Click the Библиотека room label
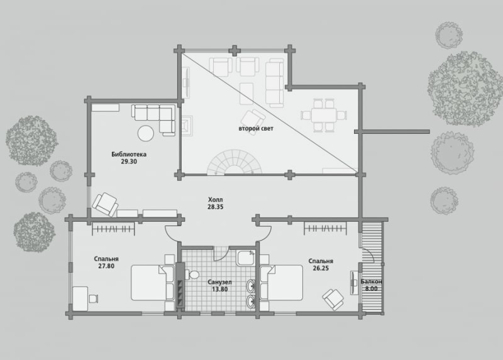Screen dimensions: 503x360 (129, 154)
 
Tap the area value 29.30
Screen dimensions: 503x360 (129, 161)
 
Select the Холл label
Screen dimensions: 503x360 (215, 200)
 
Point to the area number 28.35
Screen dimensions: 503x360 (215, 207)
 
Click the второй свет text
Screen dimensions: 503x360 (256, 129)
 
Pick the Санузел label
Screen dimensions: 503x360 (219, 283)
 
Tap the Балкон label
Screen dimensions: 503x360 (371, 282)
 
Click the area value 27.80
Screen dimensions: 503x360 (106, 266)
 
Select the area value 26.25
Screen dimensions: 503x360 (321, 268)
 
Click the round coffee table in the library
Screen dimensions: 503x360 (146, 133)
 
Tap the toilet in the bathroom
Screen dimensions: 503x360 (192, 275)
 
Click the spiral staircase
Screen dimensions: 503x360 (235, 162)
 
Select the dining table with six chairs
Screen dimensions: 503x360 (324, 115)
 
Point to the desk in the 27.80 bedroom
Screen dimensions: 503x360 (80, 299)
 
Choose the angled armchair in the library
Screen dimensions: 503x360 (105, 204)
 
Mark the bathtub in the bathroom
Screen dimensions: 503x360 (246, 258)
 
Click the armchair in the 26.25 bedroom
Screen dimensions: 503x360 (333, 300)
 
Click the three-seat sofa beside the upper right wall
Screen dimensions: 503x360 (275, 83)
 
